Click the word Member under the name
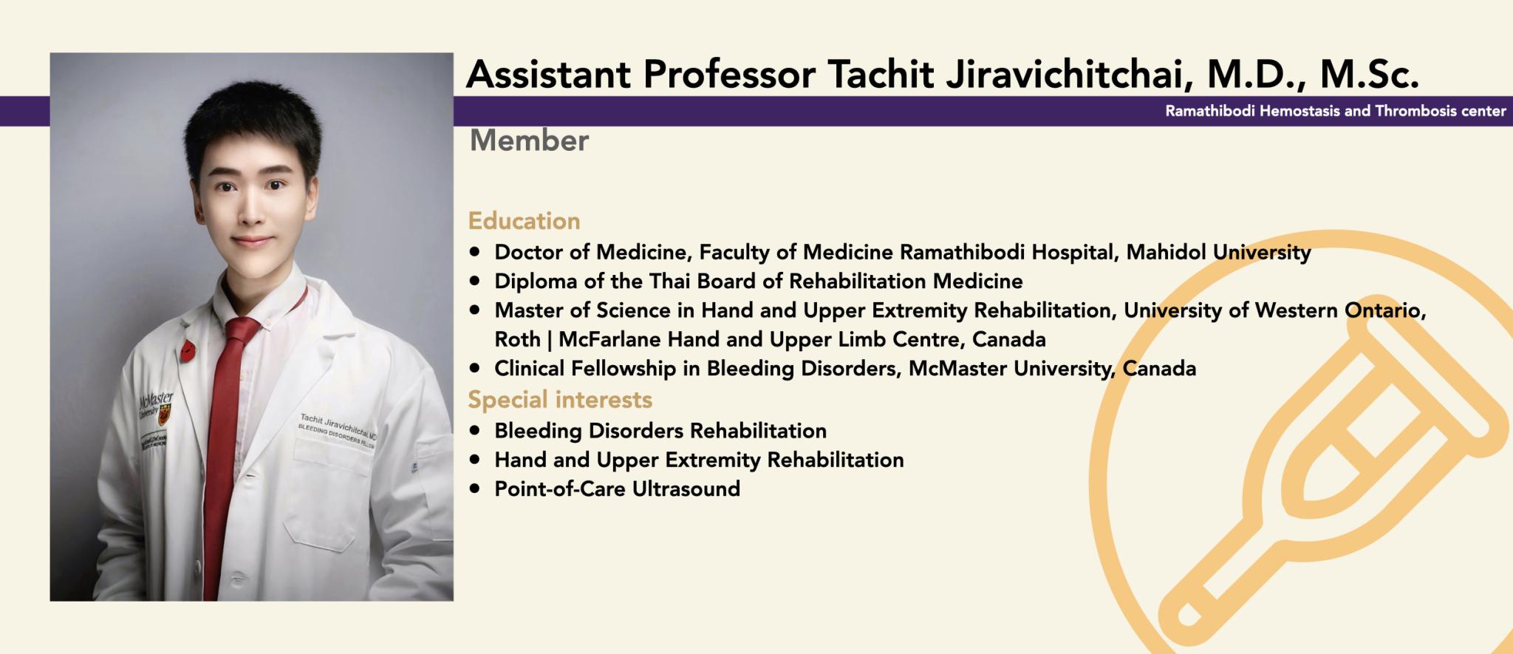click(x=529, y=140)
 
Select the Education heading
click(x=524, y=221)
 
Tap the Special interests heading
click(x=560, y=400)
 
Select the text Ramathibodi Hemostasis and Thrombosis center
click(x=1336, y=112)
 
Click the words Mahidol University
click(x=1218, y=253)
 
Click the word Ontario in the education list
click(x=1385, y=311)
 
